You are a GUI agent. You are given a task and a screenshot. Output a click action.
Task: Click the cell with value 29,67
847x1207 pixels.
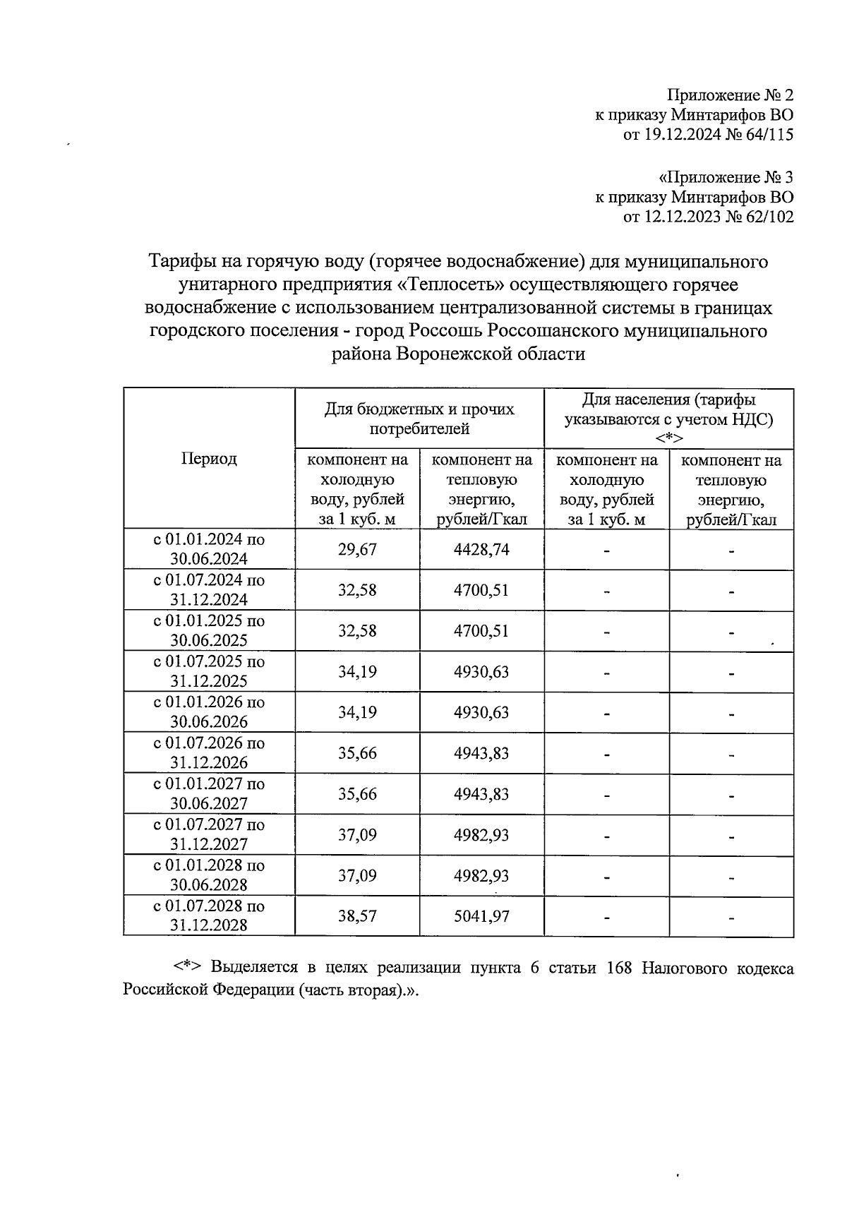[357, 550]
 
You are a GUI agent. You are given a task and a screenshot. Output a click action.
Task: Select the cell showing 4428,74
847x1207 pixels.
[481, 550]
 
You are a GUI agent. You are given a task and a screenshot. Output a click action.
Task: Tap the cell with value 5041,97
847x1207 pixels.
[481, 916]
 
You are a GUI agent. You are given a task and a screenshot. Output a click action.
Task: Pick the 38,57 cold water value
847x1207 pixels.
[357, 916]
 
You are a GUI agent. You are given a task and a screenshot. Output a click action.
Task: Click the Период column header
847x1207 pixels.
[209, 459]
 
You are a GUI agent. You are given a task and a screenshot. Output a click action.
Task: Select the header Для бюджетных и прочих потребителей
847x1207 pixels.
[419, 419]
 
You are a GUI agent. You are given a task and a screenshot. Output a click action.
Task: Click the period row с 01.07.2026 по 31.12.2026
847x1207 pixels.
[209, 752]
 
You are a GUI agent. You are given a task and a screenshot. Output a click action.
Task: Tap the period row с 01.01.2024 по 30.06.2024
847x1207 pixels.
[209, 549]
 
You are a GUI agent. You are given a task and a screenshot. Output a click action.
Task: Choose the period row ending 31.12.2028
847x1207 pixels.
[209, 915]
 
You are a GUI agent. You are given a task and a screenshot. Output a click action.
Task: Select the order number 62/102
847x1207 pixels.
[768, 217]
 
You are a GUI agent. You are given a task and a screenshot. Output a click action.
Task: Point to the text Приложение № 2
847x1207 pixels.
[731, 95]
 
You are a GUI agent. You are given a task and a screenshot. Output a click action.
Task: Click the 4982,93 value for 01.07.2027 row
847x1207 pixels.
[481, 835]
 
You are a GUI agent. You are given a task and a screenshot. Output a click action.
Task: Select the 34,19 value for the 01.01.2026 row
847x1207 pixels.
[357, 712]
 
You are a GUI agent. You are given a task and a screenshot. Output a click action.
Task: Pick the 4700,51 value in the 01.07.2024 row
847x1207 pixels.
[481, 590]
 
